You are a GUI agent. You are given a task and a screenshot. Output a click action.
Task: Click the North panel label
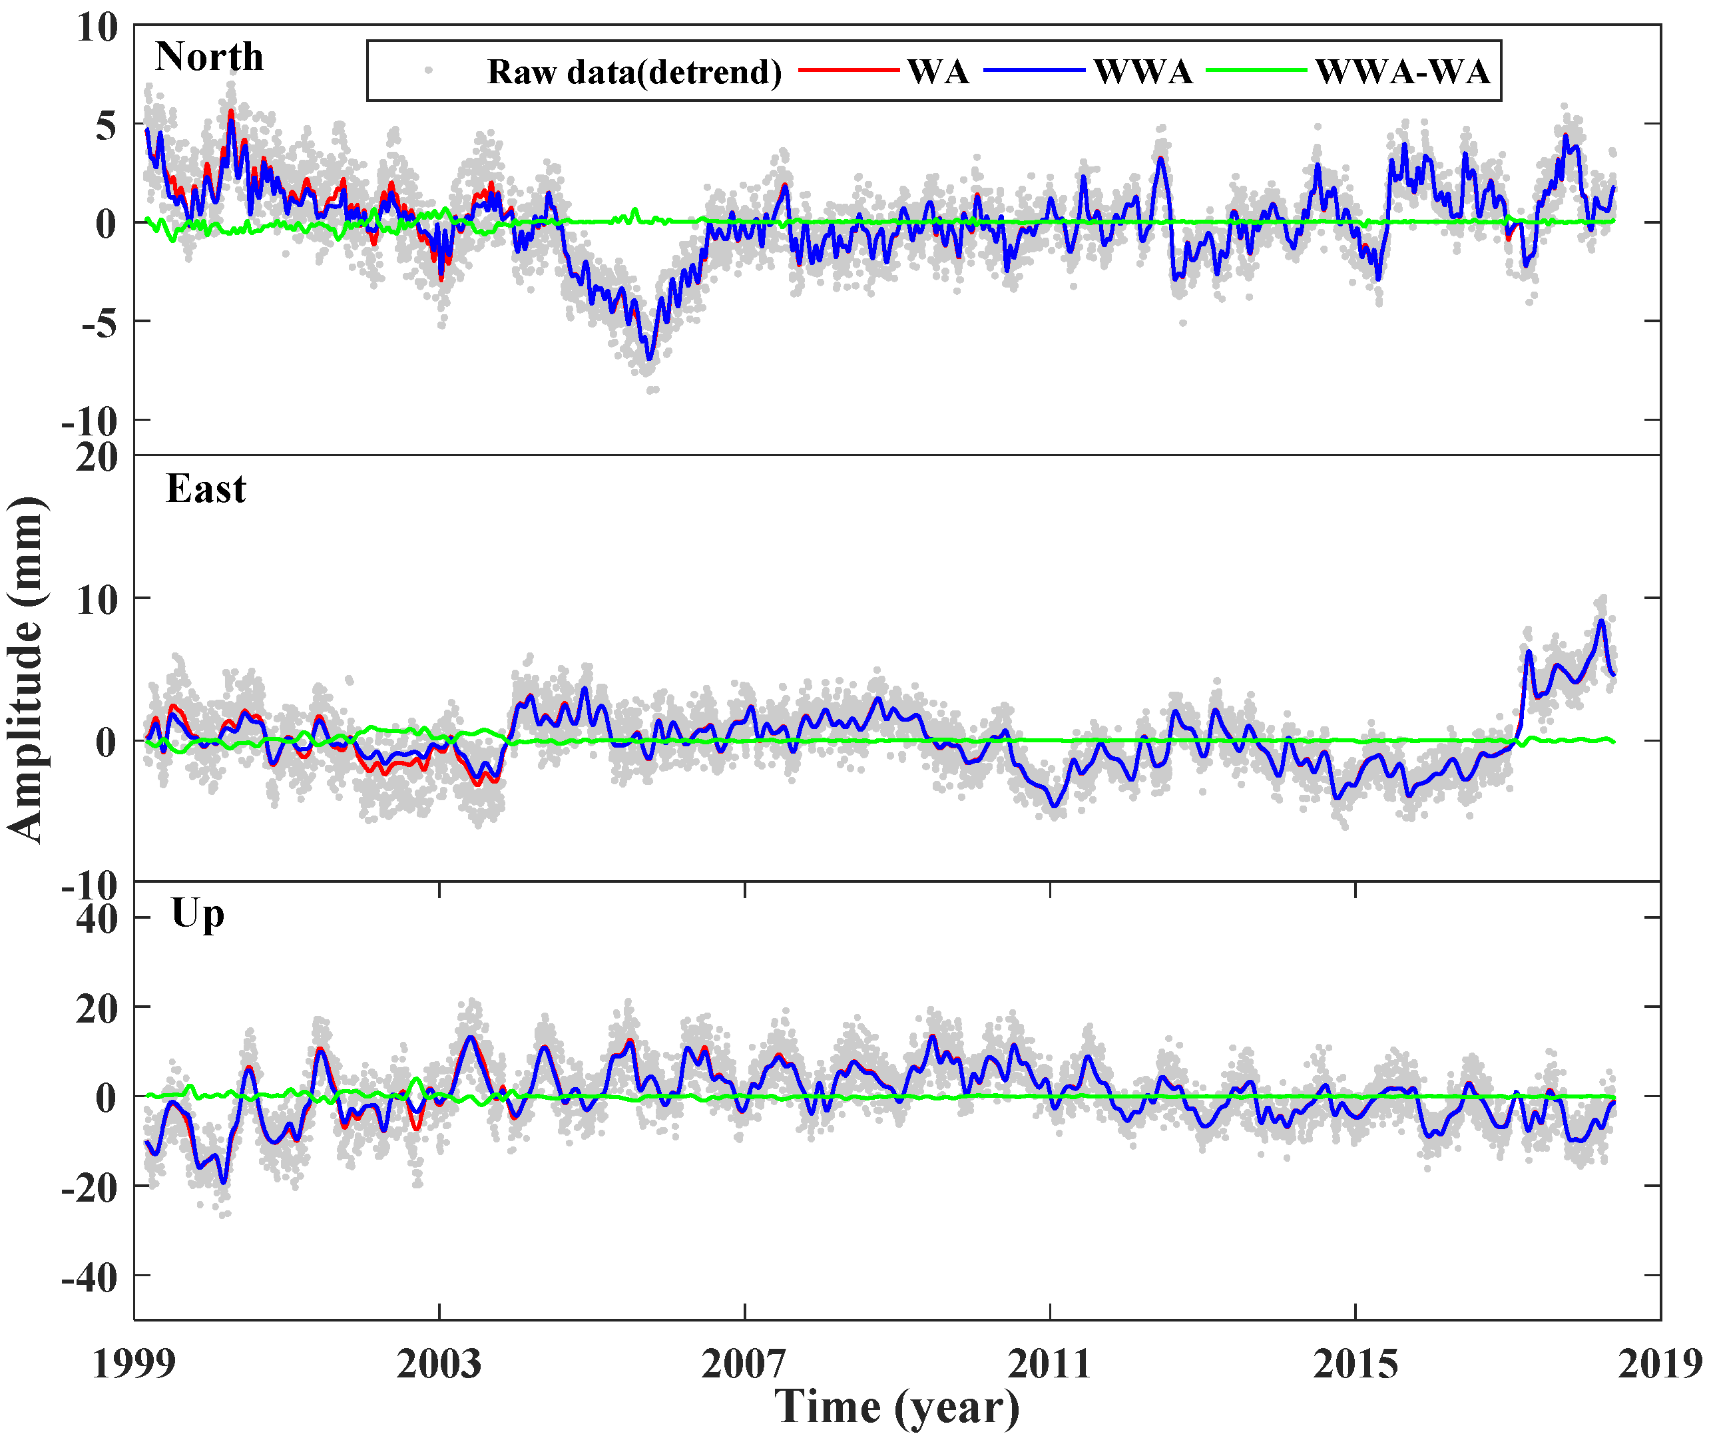209,57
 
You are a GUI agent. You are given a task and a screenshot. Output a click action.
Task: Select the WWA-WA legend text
1402,72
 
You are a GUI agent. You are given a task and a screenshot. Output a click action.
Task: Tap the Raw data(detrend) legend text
634,72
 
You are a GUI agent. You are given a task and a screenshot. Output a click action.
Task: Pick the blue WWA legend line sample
1034,71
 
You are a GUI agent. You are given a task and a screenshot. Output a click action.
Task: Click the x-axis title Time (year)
897,1407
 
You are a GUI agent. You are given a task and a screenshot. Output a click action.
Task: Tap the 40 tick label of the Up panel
97,919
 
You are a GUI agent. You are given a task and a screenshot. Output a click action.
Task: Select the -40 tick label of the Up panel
90,1277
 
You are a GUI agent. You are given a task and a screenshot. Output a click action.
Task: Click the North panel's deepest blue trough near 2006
649,358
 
